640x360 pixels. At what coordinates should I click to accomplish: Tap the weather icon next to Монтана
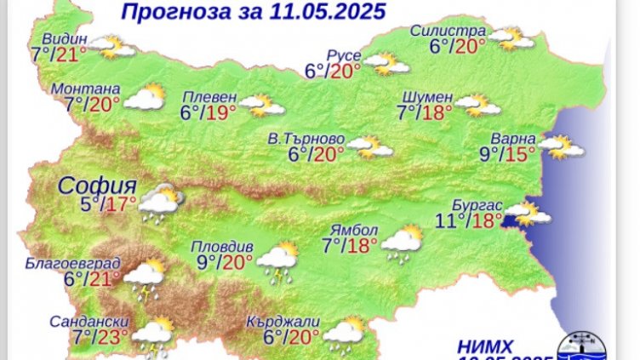pos(144,97)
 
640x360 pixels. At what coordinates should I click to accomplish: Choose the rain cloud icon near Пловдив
pos(277,260)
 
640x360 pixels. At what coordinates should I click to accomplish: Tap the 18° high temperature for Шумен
pos(437,113)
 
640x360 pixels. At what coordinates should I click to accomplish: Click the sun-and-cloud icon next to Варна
pos(561,147)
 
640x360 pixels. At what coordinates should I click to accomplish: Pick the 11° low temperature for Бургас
pos(449,221)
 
